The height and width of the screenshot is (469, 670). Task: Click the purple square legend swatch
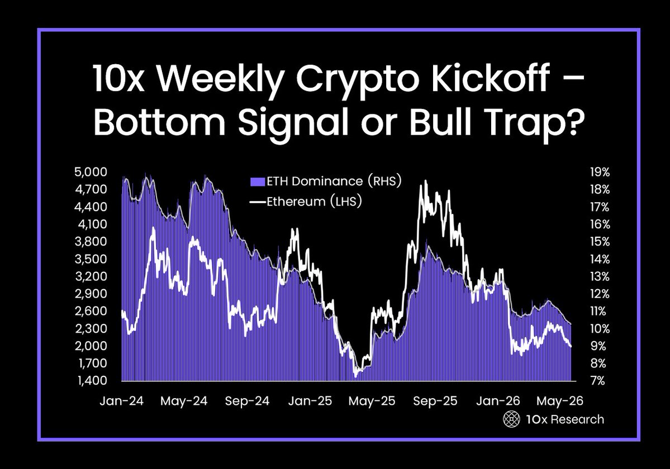(x=258, y=182)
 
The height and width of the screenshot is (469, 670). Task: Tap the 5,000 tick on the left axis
(x=91, y=172)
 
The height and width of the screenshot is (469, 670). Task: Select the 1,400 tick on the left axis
(x=92, y=380)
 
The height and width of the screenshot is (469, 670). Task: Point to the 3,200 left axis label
(x=91, y=276)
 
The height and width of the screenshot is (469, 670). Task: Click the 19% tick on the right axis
(x=600, y=172)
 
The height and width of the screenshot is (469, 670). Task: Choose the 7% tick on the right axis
(x=598, y=380)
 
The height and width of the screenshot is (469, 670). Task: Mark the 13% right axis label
(x=600, y=276)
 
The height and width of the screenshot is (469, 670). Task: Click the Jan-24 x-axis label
(x=121, y=401)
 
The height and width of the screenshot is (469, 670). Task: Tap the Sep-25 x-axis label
(x=435, y=401)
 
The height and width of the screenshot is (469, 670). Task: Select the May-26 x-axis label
(x=560, y=401)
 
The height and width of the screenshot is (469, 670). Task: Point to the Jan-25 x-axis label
(x=310, y=401)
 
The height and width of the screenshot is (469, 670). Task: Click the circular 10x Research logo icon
(x=511, y=419)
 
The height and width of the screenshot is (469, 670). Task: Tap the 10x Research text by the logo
(x=565, y=419)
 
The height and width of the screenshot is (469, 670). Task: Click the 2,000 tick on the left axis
(x=91, y=345)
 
